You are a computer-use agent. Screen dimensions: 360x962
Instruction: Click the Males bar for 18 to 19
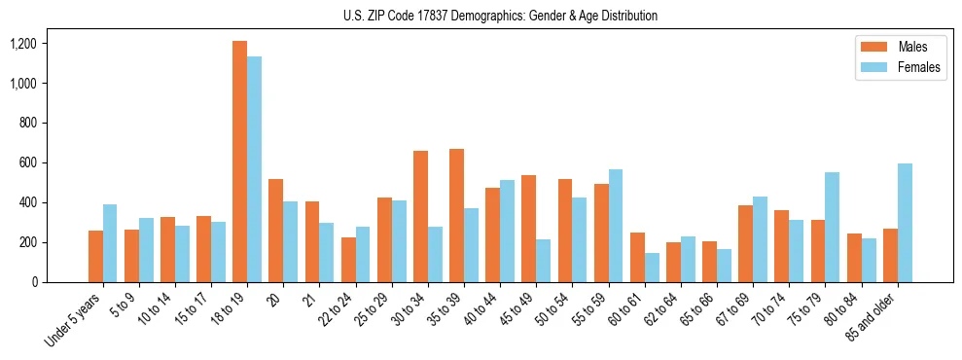point(239,162)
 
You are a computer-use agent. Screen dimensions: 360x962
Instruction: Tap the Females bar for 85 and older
point(905,223)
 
